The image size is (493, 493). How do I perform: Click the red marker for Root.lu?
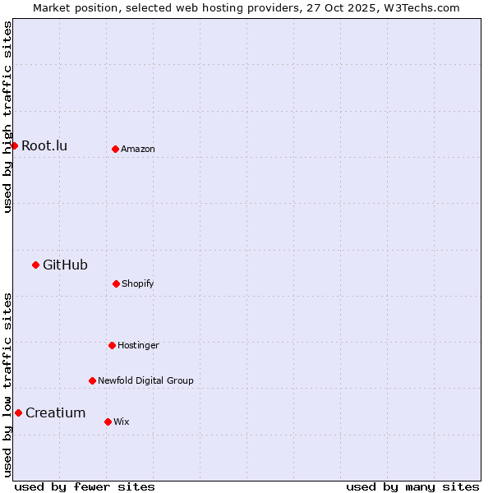14,145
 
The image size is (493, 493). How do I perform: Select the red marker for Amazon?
115,149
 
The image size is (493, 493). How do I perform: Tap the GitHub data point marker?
35,265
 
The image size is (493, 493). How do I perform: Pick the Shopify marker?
116,283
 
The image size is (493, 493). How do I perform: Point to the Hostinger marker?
112,345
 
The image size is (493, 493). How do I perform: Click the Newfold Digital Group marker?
92,380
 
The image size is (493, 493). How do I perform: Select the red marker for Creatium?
18,412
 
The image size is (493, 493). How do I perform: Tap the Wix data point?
108,422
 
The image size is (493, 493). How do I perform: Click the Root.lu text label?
44,146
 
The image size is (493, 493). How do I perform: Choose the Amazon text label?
138,150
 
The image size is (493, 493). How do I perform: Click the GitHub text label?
65,265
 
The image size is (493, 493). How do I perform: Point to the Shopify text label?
138,284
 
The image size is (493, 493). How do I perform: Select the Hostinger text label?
138,346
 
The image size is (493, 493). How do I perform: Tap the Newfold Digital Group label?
145,381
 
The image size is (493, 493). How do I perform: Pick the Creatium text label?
55,412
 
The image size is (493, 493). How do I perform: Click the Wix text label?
122,422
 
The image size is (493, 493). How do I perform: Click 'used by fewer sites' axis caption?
85,486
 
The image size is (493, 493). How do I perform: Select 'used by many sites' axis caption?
412,486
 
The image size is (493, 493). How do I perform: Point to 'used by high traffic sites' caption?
7,117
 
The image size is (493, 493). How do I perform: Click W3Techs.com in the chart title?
422,7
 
